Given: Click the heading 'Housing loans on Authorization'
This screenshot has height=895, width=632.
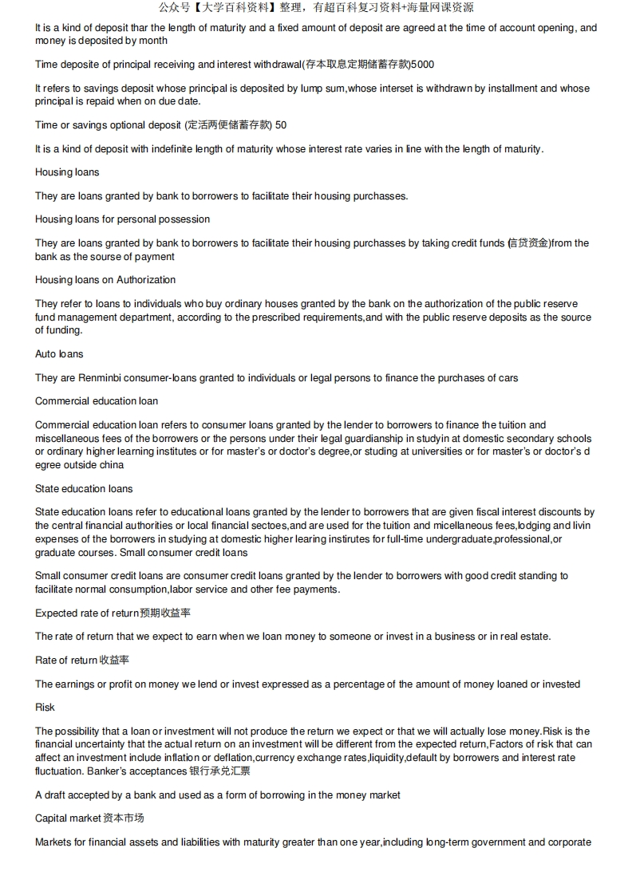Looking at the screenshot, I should coord(105,280).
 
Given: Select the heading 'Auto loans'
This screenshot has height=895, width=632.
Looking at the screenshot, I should coord(59,353).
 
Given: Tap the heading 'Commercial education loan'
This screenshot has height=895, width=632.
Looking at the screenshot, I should coord(97,400).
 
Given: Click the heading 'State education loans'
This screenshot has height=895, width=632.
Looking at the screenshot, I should coord(84,488).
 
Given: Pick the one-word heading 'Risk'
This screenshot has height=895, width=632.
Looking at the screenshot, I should coord(45,708).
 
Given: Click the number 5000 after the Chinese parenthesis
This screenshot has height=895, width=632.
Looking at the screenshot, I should coord(422,65).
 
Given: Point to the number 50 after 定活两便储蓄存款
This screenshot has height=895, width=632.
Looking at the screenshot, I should coord(281,125).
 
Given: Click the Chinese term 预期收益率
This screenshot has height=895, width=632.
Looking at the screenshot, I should coord(165,613).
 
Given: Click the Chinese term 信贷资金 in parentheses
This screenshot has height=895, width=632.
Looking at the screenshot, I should coord(529,243).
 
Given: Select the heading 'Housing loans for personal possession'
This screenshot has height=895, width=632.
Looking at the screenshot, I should coord(123,219).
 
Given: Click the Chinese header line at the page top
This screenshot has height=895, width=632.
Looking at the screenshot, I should coord(316,8).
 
